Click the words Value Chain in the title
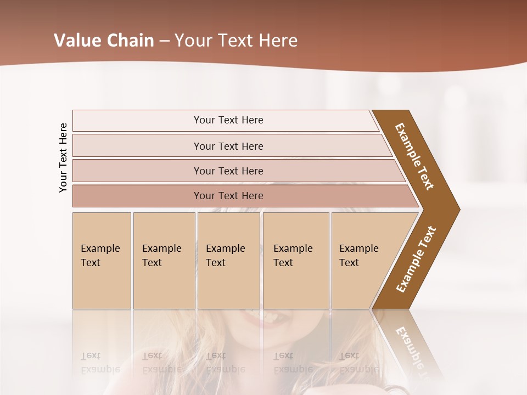tap(104, 41)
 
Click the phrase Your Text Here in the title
tap(236, 41)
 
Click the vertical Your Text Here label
tap(63, 157)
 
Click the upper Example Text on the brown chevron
tap(414, 156)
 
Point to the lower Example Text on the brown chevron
tap(416, 259)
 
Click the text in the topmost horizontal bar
tap(228, 120)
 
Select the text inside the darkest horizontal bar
tap(228, 196)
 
